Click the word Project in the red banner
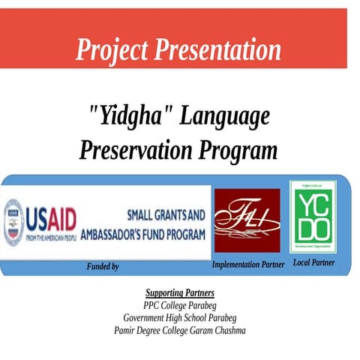click(112, 50)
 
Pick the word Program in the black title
click(238, 150)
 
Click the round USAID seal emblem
click(13, 223)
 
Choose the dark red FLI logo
click(247, 219)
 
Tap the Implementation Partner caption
click(247, 265)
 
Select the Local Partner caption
click(313, 262)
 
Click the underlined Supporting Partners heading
click(179, 292)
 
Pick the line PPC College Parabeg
click(179, 305)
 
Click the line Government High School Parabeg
click(179, 318)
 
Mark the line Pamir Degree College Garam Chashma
click(179, 331)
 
